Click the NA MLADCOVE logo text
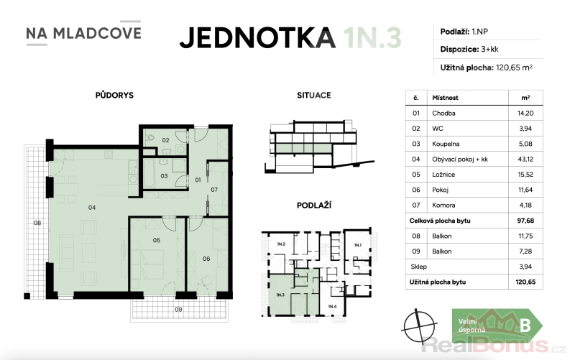[83, 33]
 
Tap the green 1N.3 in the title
[372, 38]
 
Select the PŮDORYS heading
[114, 95]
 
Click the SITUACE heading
[314, 96]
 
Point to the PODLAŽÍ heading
[314, 206]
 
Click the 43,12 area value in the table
[525, 160]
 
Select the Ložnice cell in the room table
[443, 175]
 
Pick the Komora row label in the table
[443, 206]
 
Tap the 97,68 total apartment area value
[525, 221]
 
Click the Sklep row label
[419, 267]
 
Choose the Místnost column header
[445, 98]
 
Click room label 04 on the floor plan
[92, 208]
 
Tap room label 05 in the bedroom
[157, 241]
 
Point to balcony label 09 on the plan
[178, 310]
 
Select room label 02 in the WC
[166, 140]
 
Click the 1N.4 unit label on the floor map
[332, 306]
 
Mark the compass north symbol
[419, 326]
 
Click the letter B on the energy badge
[525, 326]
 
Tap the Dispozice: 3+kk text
[469, 49]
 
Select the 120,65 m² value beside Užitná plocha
[514, 68]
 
